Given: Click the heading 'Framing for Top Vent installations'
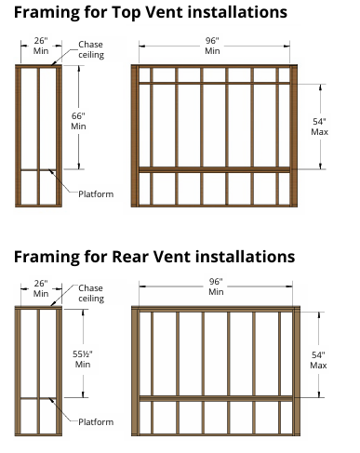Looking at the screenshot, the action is point(151,12).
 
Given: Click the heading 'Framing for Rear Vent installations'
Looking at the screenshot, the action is point(154,257).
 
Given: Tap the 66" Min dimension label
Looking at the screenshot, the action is point(78,121).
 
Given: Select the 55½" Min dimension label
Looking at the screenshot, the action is point(83,359).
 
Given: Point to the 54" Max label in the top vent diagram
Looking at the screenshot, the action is point(319,127).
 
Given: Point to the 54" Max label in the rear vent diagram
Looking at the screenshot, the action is point(318,360).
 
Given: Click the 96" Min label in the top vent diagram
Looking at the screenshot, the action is point(212,46).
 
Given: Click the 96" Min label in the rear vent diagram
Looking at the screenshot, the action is point(216,286).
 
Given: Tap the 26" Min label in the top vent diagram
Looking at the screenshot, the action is point(41,46).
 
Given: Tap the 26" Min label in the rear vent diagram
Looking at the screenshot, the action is point(41,288).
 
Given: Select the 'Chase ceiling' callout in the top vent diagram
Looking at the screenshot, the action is point(91,49).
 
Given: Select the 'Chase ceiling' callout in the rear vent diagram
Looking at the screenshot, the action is point(91,293).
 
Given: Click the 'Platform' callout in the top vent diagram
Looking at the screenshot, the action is point(96,194).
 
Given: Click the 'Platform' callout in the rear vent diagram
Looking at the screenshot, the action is point(96,422).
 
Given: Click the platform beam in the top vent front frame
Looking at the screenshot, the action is point(214,169).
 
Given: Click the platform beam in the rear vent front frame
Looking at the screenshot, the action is point(216,398).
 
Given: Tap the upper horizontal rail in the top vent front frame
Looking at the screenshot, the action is point(214,83).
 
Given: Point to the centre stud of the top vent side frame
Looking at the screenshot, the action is point(38,136).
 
